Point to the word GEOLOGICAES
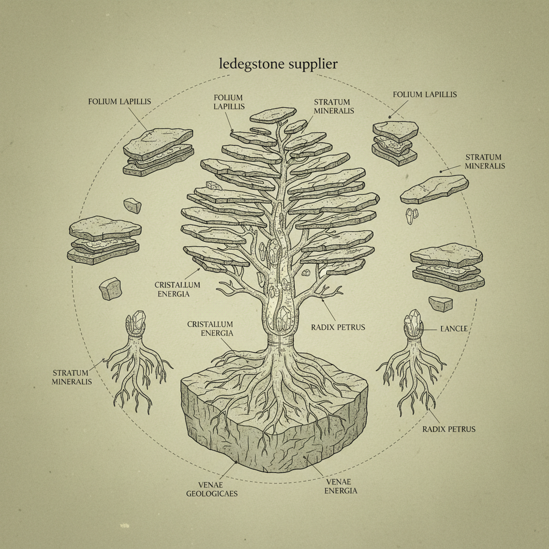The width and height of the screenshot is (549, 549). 212,493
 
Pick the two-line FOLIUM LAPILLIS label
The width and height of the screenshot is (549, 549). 228,102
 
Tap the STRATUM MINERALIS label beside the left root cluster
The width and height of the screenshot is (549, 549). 72,377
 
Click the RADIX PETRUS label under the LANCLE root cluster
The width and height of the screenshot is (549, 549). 449,429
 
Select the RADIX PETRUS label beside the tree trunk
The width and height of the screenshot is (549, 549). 338,327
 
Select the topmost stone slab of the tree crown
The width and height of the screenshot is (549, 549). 272,115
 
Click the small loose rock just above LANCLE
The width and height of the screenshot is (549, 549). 440,303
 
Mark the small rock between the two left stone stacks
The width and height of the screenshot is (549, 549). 132,205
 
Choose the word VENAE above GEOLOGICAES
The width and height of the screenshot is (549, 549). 212,484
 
